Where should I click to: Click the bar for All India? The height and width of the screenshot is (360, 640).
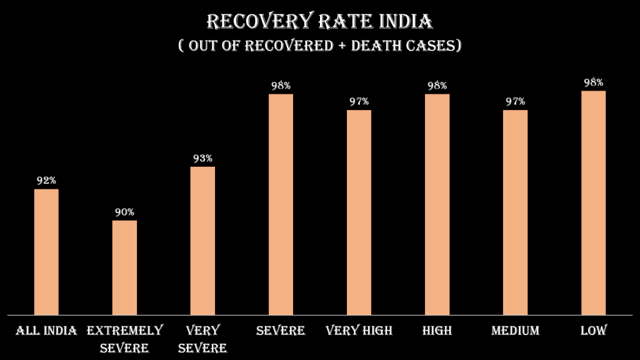tap(46, 251)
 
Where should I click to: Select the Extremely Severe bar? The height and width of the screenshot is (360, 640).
tap(124, 267)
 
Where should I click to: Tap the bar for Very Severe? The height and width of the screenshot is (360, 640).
tap(202, 240)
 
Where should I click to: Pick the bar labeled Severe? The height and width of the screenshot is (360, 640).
tap(281, 204)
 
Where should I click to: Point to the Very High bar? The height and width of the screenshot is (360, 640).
tap(359, 212)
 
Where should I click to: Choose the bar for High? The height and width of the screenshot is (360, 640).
tap(437, 204)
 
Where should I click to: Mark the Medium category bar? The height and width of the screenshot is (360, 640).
tap(515, 212)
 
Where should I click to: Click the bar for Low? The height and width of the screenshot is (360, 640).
tap(593, 202)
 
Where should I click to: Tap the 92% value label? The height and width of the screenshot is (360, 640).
tap(46, 181)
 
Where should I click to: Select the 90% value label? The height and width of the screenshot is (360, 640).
tap(124, 212)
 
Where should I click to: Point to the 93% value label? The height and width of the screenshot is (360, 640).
tap(202, 158)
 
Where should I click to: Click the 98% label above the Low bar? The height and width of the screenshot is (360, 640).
tap(593, 82)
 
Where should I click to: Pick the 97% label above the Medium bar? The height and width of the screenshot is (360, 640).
tap(515, 101)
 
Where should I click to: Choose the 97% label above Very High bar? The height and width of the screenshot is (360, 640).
tap(359, 101)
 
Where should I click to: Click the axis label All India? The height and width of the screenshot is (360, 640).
tap(46, 331)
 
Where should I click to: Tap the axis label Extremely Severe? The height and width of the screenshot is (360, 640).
tap(124, 338)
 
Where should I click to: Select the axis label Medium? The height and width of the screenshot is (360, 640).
tap(515, 331)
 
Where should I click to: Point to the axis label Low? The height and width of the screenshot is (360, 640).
tap(593, 331)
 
